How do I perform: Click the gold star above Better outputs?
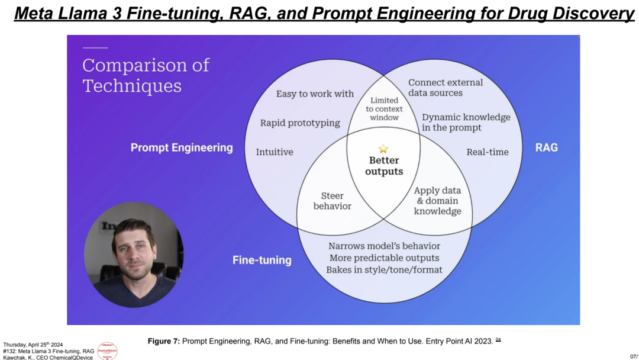point(383,149)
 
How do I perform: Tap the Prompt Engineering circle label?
point(182,147)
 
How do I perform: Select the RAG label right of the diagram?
point(546,147)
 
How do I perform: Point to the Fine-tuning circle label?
point(262,260)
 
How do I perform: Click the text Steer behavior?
point(332,201)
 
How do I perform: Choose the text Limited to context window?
point(384,109)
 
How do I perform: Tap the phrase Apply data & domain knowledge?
point(437,201)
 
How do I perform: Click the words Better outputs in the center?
point(383,166)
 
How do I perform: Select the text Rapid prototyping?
point(300,123)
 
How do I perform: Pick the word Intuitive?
point(275,152)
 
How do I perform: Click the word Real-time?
point(488,152)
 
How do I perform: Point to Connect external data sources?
point(446,88)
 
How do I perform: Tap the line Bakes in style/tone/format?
point(384,270)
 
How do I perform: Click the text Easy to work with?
point(315,94)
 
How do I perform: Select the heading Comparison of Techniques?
point(146,75)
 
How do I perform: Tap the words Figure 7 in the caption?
point(163,341)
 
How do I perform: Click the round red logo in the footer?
point(107,351)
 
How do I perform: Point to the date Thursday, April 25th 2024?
point(33,345)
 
